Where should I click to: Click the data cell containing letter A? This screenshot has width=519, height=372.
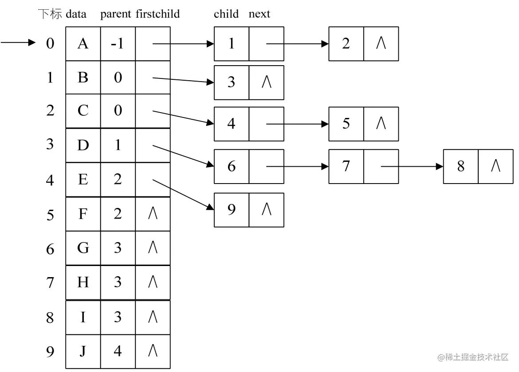pyautogui.click(x=83, y=44)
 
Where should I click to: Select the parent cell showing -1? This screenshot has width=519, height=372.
pyautogui.click(x=118, y=44)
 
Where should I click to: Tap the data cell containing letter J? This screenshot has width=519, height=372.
pyautogui.click(x=83, y=351)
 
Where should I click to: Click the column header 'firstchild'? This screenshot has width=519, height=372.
pyautogui.click(x=157, y=14)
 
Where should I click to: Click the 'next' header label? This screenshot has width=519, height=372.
pyautogui.click(x=259, y=14)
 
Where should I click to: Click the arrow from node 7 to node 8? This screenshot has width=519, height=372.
pyautogui.click(x=412, y=166)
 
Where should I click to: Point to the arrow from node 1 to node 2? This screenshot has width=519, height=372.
pyautogui.click(x=298, y=44)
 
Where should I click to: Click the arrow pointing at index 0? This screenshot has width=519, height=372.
pyautogui.click(x=18, y=43)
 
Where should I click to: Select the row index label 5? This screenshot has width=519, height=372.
pyautogui.click(x=50, y=215)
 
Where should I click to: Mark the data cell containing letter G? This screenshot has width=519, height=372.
pyautogui.click(x=83, y=248)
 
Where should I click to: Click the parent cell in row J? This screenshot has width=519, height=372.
pyautogui.click(x=118, y=351)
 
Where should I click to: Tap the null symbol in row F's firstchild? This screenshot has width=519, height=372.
pyautogui.click(x=153, y=213)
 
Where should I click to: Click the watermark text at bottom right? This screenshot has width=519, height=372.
pyautogui.click(x=473, y=357)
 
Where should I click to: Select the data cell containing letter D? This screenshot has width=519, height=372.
pyautogui.click(x=83, y=145)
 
